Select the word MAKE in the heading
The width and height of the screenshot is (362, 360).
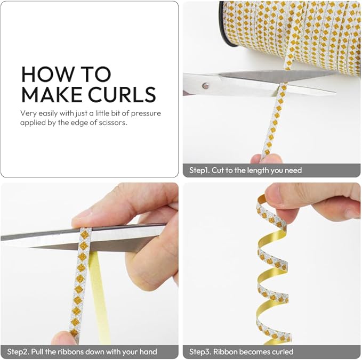(52, 94)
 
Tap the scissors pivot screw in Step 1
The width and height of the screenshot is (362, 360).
(205, 86)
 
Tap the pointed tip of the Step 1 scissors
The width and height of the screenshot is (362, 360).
(336, 93)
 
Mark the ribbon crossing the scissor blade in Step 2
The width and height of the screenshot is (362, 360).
(84, 239)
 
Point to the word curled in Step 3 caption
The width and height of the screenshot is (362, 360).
(283, 351)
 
